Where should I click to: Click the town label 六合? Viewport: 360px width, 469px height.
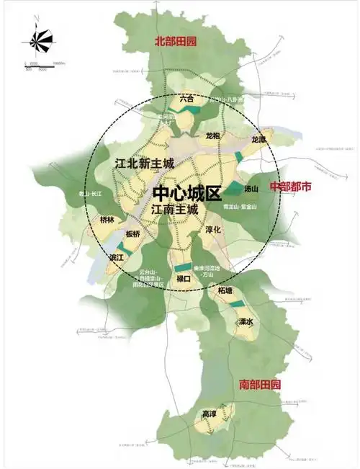[x=187, y=98]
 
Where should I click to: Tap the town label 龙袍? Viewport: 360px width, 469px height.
[x=212, y=135]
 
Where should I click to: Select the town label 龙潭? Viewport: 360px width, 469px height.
[x=258, y=138]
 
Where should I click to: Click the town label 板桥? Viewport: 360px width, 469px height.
[x=132, y=234]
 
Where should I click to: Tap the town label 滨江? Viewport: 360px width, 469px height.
[x=117, y=257]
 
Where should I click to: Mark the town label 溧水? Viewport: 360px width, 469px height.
[x=246, y=321]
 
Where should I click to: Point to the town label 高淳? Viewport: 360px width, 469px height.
[x=209, y=415]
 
